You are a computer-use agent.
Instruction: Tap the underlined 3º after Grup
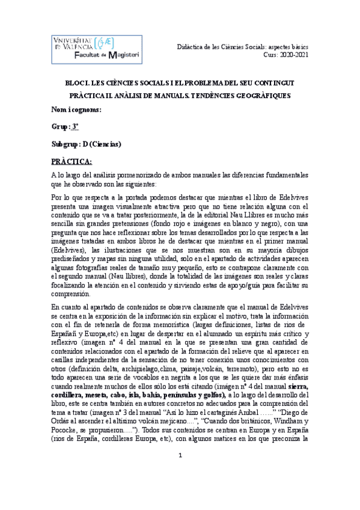point(75,127)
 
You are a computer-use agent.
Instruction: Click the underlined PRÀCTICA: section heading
point(72,161)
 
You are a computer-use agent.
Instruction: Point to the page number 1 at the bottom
point(180,490)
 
